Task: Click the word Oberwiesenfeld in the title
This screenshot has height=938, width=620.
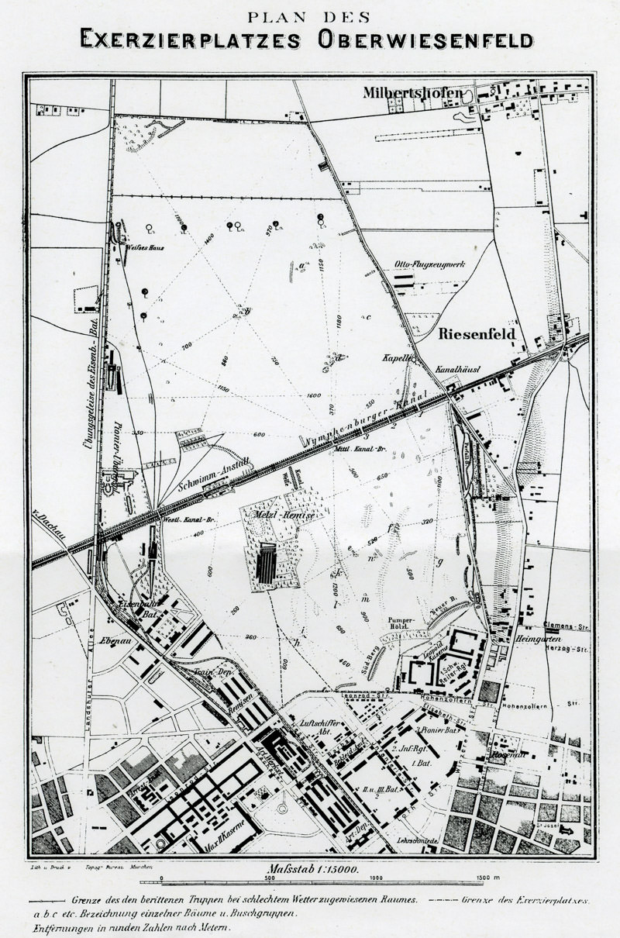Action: pyautogui.click(x=422, y=39)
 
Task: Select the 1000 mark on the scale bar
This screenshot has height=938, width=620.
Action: pyautogui.click(x=375, y=878)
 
